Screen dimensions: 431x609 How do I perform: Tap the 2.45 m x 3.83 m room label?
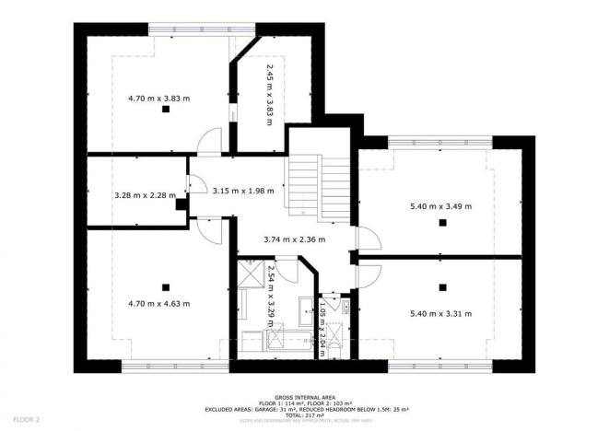(270, 95)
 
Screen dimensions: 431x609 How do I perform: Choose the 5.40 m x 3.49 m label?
(441, 207)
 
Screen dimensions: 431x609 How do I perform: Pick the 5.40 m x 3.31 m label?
(441, 314)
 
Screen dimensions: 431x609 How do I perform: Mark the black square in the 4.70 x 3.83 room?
(166, 110)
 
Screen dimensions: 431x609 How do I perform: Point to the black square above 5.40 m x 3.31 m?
(441, 285)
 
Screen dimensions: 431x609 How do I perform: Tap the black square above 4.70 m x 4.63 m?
(166, 285)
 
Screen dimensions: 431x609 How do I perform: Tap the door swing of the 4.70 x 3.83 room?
(211, 141)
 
